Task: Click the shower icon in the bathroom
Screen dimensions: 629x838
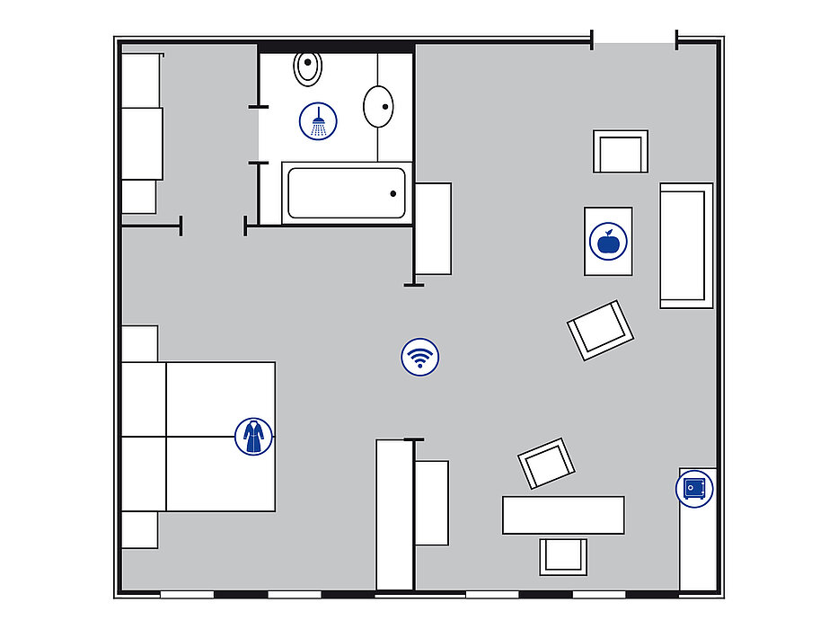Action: click(x=318, y=120)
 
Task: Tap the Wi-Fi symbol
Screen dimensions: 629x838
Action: click(x=419, y=357)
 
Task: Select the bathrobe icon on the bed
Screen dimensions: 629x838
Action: click(x=253, y=437)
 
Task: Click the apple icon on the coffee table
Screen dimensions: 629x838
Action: click(x=607, y=242)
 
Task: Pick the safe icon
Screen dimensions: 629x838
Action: click(x=694, y=489)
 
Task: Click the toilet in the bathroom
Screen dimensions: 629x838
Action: click(x=307, y=66)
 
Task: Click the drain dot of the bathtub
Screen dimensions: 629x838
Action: click(x=393, y=193)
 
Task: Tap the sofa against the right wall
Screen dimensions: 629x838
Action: click(x=686, y=245)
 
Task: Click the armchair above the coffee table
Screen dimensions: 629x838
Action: click(x=620, y=151)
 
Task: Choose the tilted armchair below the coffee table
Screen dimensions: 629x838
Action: click(x=600, y=330)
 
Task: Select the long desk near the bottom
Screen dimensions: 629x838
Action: click(x=563, y=515)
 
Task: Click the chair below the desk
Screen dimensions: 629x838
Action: click(x=563, y=556)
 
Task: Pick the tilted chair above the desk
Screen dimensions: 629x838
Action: click(x=547, y=464)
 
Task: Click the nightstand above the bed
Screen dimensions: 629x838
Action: click(x=139, y=343)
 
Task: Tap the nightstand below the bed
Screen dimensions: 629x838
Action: click(x=139, y=529)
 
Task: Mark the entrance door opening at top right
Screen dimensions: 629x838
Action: click(x=634, y=40)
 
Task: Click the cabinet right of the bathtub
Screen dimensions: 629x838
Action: click(x=433, y=228)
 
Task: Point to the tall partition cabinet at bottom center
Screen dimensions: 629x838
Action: click(x=393, y=514)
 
